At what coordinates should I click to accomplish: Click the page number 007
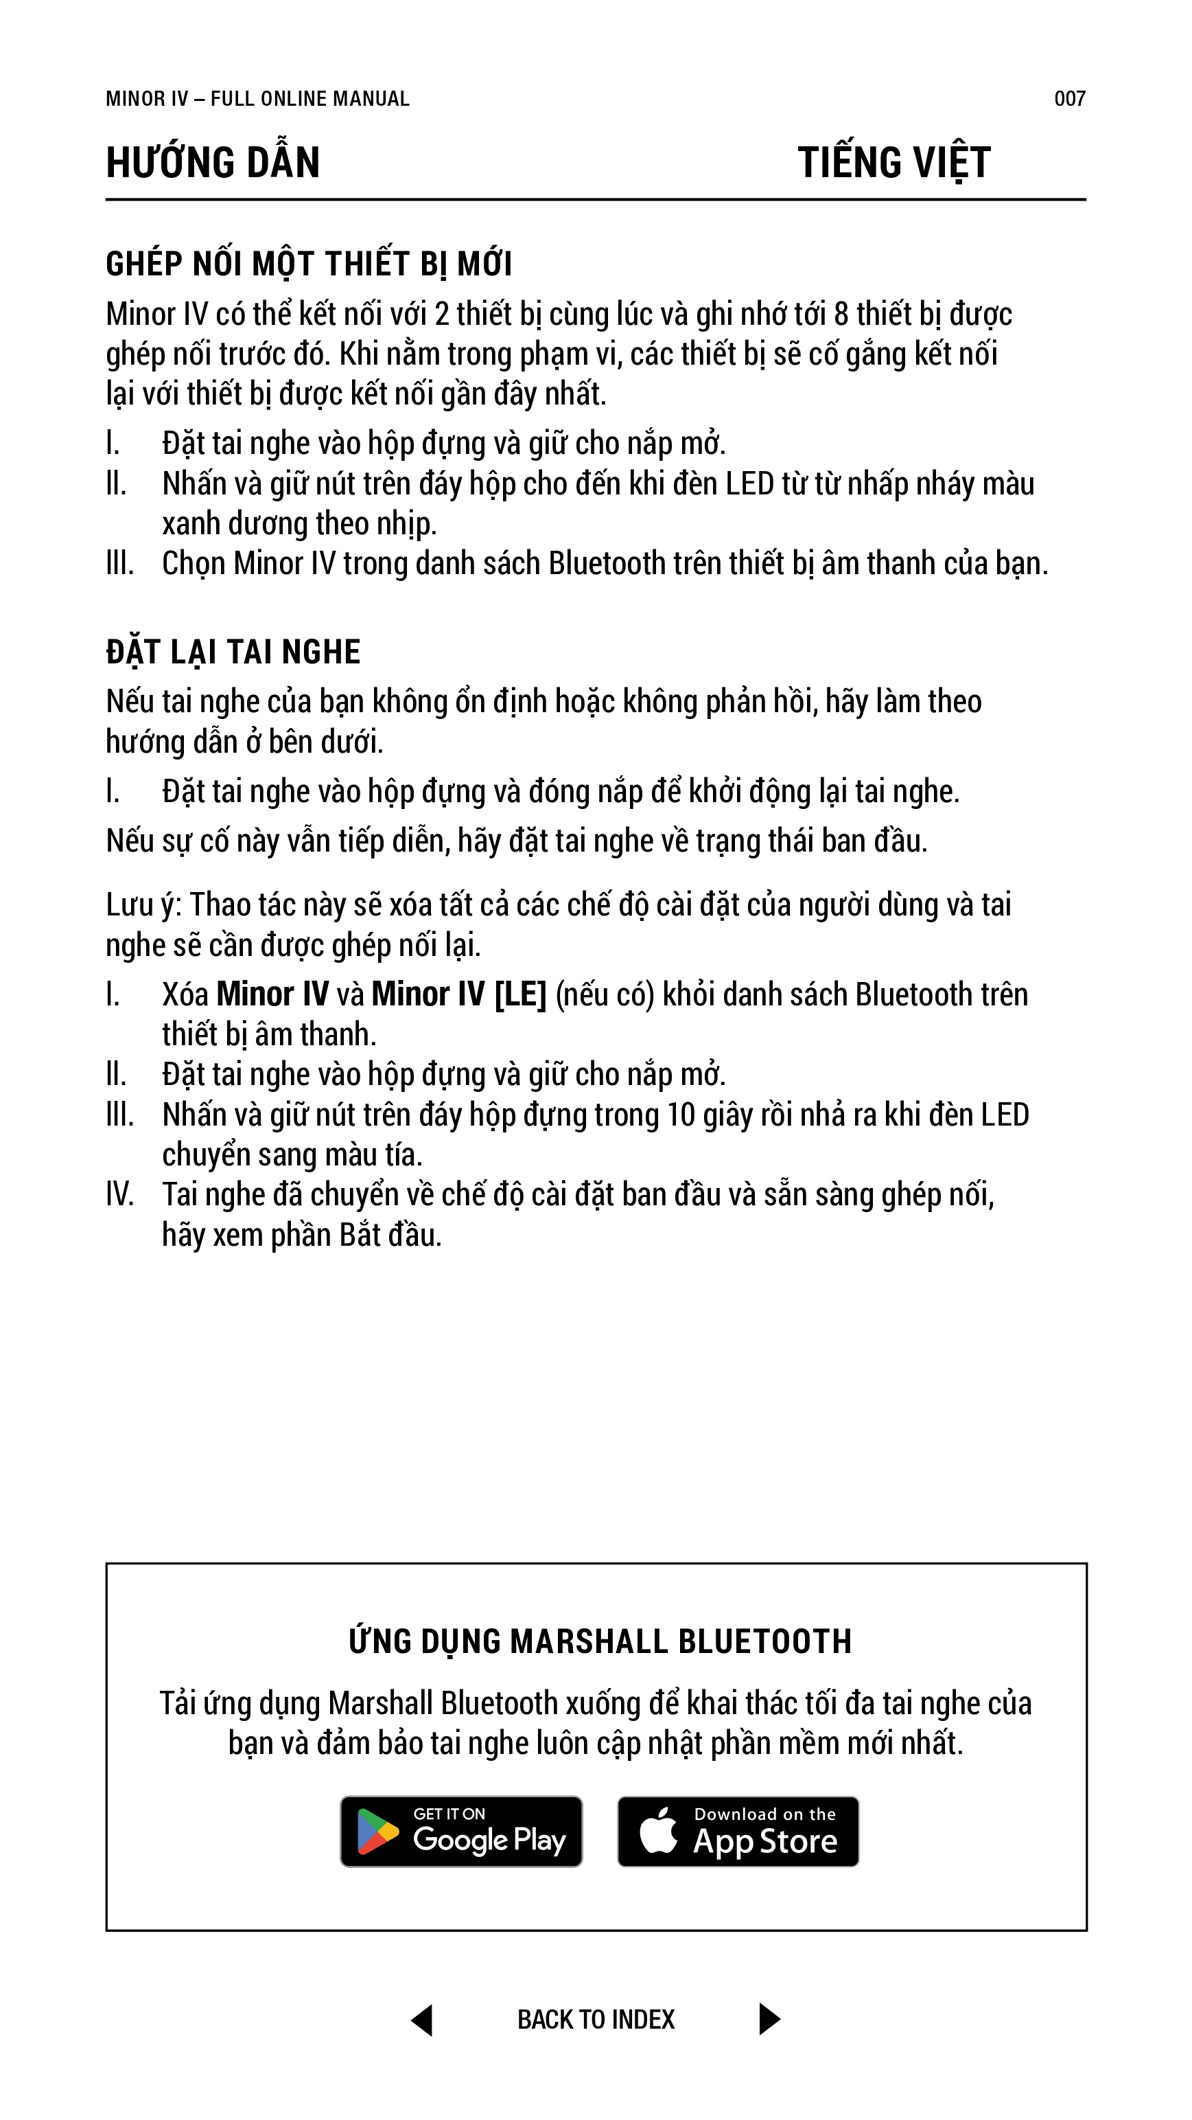click(1069, 99)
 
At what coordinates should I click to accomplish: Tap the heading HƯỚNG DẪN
click(212, 162)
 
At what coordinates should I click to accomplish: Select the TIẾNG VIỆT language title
click(894, 162)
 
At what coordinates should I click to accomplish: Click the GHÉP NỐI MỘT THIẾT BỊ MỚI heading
click(309, 264)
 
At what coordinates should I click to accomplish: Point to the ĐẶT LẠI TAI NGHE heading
click(233, 652)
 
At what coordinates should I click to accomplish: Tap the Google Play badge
click(462, 1831)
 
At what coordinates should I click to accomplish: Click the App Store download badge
click(738, 1831)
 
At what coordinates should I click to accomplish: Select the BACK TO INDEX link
click(596, 2020)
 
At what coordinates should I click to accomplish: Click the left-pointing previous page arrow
click(422, 2020)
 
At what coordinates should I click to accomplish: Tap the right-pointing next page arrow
click(769, 2020)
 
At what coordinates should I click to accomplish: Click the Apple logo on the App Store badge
click(659, 1830)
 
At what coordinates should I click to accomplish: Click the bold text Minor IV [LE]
click(458, 994)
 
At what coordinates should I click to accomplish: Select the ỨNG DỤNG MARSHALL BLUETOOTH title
click(600, 1641)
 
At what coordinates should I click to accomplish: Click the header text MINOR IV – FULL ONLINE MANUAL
click(257, 99)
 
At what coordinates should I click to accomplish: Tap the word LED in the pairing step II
click(749, 484)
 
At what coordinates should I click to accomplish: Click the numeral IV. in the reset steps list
click(119, 1195)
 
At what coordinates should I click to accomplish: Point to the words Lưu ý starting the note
click(141, 905)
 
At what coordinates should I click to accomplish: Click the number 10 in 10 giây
click(680, 1115)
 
